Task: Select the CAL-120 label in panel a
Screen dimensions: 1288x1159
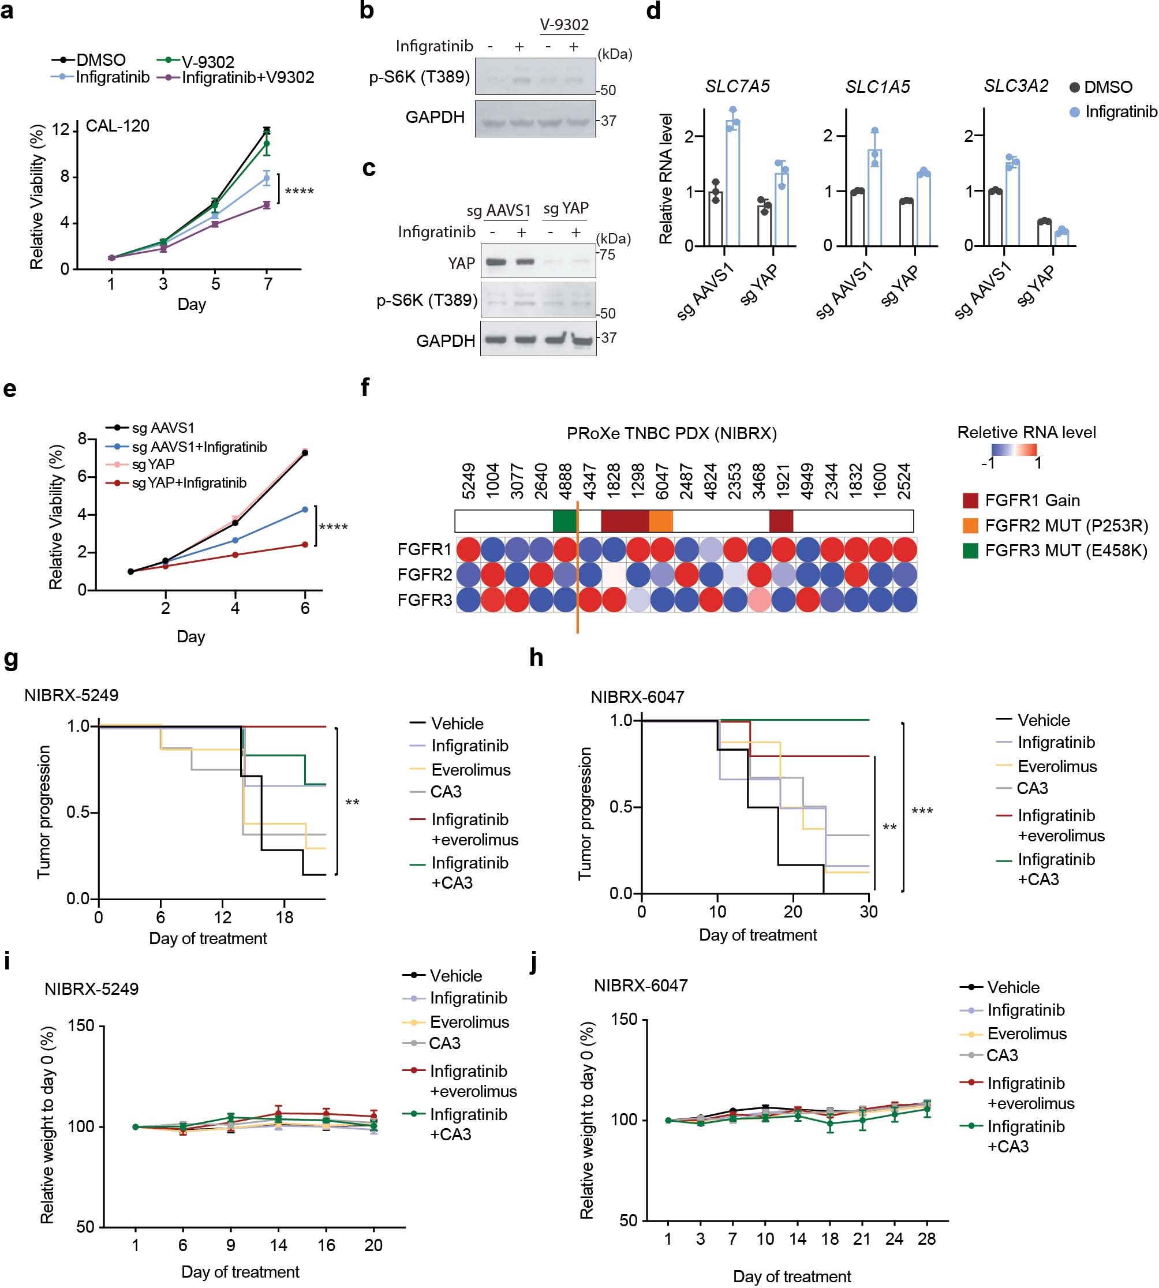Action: tap(117, 126)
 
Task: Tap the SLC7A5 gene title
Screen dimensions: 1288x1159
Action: tap(737, 87)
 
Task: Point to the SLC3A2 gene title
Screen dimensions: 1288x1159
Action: tap(1016, 86)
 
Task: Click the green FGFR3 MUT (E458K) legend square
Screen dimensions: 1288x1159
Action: tap(970, 550)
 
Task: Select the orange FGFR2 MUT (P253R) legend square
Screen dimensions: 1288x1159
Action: tap(970, 525)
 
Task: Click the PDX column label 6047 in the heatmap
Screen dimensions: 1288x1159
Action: tap(661, 482)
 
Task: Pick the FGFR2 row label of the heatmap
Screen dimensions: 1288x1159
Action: tap(424, 574)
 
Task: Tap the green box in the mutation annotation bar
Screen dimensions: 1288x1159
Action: tap(564, 521)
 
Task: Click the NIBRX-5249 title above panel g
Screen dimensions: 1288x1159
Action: tap(72, 695)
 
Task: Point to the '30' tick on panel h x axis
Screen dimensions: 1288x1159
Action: tap(869, 912)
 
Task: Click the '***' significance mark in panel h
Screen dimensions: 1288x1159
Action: tap(922, 811)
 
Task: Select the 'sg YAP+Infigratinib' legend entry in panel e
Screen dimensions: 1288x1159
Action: tap(189, 482)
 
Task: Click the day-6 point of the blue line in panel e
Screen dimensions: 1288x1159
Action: tap(304, 510)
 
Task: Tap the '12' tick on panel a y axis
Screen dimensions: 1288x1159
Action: tap(61, 130)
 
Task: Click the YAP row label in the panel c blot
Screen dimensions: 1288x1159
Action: tap(461, 263)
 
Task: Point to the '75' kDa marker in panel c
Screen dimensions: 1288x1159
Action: tap(608, 254)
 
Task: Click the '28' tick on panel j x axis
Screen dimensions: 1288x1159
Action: tap(926, 1238)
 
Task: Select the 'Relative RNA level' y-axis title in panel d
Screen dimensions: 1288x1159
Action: tap(666, 178)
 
